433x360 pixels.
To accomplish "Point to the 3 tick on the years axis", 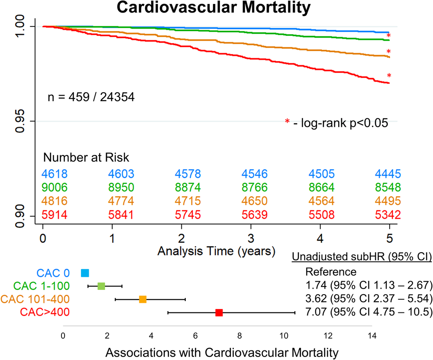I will point(250,238).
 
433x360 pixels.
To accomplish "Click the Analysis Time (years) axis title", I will point(216,251).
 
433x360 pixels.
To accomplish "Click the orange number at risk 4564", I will point(321,200).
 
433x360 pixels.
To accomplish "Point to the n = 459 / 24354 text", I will point(91,97).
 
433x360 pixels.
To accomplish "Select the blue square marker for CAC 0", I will point(85,273).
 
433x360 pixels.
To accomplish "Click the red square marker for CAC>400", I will point(219,312).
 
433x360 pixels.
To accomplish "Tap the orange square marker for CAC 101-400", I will point(142,299).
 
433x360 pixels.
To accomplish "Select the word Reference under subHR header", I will point(331,272).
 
